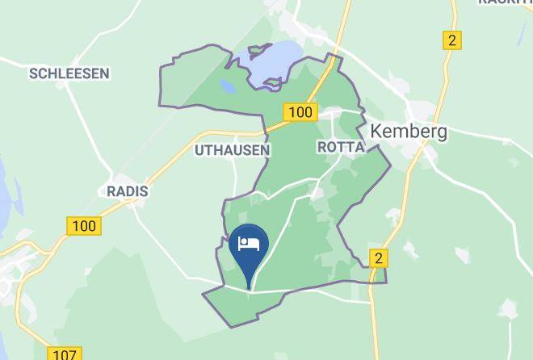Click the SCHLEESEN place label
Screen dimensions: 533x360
(x=69, y=73)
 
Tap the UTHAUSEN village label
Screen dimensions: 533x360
(x=233, y=150)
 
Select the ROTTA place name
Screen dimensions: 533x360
(x=341, y=147)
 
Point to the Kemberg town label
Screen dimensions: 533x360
(x=408, y=132)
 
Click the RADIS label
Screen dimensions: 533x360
(x=128, y=191)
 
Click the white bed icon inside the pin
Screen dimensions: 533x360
(x=250, y=243)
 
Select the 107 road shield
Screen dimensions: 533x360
(x=65, y=354)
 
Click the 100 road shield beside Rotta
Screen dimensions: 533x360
(x=300, y=111)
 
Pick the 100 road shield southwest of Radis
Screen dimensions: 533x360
(x=84, y=225)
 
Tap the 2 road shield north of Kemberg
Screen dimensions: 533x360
(x=451, y=40)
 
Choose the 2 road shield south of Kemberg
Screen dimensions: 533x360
(x=379, y=257)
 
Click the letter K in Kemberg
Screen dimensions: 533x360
(x=376, y=132)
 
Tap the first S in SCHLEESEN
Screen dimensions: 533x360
(x=34, y=73)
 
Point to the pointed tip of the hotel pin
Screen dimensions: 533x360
(x=250, y=288)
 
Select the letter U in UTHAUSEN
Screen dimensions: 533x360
(x=199, y=150)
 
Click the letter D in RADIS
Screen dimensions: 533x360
(x=133, y=191)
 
